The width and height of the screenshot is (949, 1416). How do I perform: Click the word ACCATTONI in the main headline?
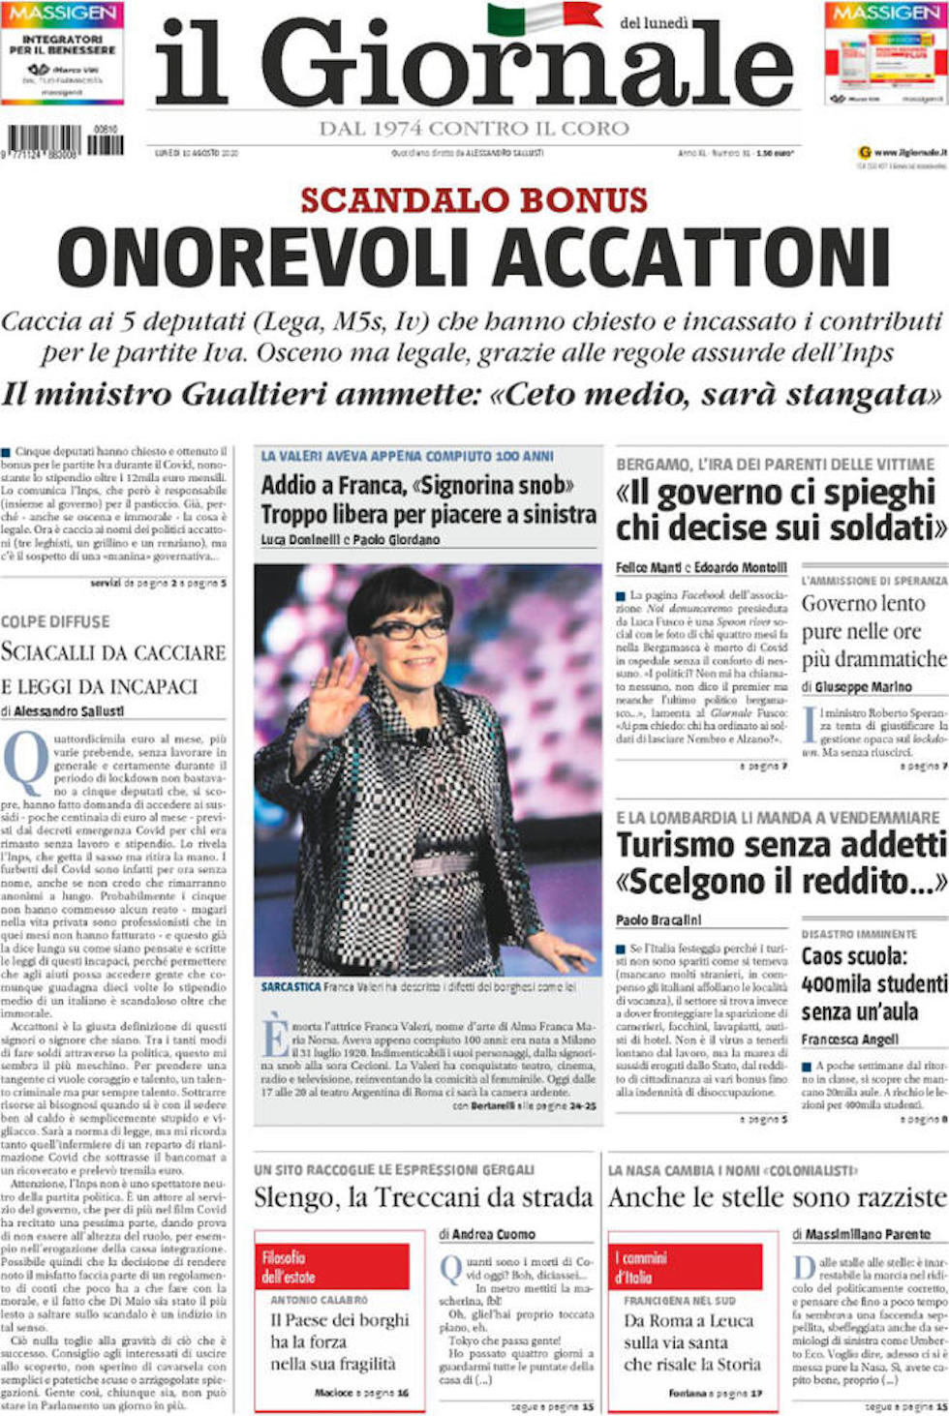[x=694, y=258]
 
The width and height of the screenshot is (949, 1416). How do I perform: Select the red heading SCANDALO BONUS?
[x=474, y=200]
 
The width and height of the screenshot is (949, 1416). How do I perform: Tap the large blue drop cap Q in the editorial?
[x=26, y=764]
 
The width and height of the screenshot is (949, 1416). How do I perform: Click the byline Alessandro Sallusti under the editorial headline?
[x=69, y=710]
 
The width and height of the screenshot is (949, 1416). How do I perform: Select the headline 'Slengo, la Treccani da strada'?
[x=422, y=1198]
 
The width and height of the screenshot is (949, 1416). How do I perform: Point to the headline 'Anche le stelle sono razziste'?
[x=777, y=1198]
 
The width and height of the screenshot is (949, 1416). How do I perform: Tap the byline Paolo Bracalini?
[x=658, y=919]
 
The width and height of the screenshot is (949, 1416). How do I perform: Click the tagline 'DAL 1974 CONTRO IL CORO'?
[x=474, y=129]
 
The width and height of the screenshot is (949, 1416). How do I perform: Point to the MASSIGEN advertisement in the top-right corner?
[x=886, y=53]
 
